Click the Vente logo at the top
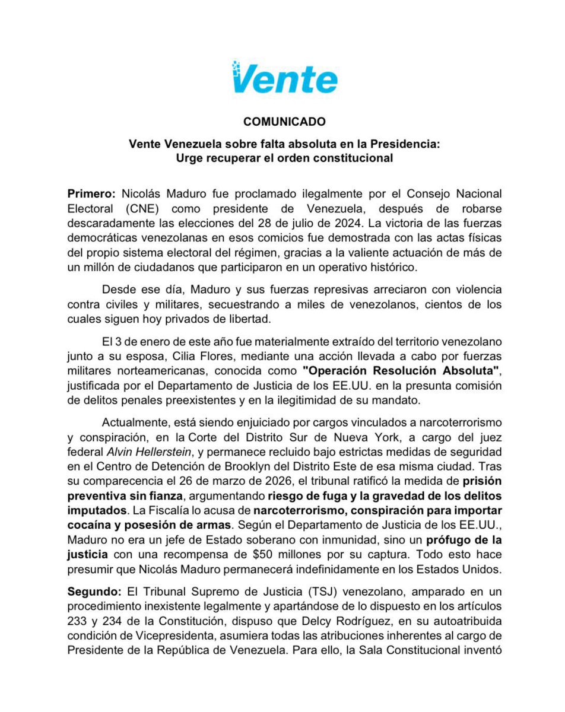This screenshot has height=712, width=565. tap(285, 78)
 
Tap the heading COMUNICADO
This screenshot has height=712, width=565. tap(284, 122)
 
